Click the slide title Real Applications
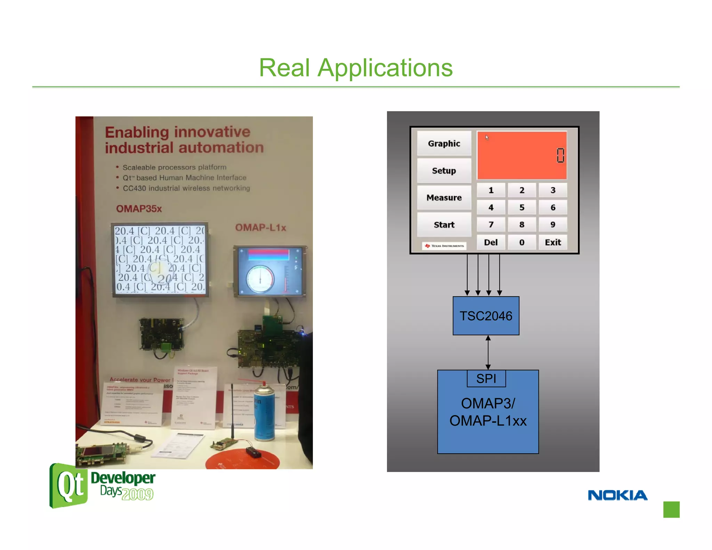[356, 67]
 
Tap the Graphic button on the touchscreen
[444, 143]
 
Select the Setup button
[444, 170]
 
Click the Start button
[444, 225]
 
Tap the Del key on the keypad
[491, 242]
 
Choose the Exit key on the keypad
[552, 242]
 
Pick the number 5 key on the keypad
[521, 208]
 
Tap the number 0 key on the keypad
[521, 242]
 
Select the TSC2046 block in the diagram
[486, 316]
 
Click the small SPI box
[486, 379]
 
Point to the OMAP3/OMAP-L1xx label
[488, 412]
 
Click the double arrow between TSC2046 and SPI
[488, 352]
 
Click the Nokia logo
[617, 495]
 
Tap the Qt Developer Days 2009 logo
[103, 485]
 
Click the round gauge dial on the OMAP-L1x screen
[260, 279]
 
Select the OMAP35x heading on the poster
[139, 209]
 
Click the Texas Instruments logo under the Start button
[444, 246]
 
